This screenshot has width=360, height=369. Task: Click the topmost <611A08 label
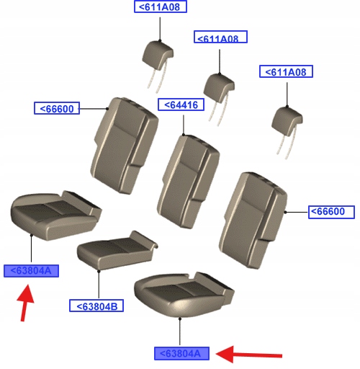coord(161,6)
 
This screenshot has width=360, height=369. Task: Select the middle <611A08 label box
coord(220,37)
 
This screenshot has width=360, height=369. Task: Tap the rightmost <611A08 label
coord(286,71)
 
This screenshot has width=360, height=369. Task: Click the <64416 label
coord(181,105)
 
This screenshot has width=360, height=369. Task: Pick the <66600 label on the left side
coord(57,108)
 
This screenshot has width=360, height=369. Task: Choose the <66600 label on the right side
coord(331,212)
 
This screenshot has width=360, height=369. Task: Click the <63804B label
coord(96,306)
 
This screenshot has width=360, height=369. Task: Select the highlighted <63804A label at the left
coord(31,271)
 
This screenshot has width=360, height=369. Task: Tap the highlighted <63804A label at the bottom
coord(181,353)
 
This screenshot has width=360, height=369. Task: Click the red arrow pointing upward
coord(24,303)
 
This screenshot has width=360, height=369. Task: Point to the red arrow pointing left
coord(249,355)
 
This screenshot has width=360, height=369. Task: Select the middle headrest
coord(219,99)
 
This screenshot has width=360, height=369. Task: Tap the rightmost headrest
coord(287,132)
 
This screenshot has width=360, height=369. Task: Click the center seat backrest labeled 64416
coord(188,182)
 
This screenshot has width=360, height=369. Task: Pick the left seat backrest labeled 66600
coord(125,146)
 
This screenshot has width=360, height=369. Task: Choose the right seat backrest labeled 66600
coord(253,220)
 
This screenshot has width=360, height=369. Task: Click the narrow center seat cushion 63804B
coord(117,250)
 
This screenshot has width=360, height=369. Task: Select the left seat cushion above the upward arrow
coord(56,215)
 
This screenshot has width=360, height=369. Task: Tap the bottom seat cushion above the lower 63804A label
coord(184,294)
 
